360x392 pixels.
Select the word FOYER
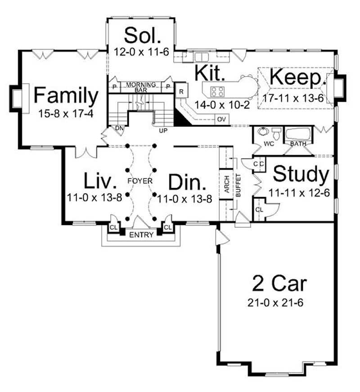click(x=140, y=181)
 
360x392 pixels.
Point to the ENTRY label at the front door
click(x=141, y=235)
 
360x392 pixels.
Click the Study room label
click(x=301, y=174)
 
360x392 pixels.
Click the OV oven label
click(x=221, y=120)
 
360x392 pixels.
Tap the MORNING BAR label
click(x=140, y=86)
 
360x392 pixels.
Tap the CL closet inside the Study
click(x=259, y=209)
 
